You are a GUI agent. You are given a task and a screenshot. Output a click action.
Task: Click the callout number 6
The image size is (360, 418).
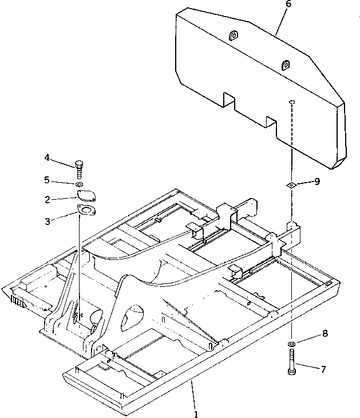[288, 5]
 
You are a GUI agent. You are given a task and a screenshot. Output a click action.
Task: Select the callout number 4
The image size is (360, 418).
[47, 157]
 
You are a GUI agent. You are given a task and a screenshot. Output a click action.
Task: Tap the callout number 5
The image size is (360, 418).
[47, 180]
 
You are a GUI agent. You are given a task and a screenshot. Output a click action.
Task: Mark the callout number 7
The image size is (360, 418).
[323, 370]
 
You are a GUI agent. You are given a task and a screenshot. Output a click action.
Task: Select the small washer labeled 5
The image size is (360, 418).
[80, 184]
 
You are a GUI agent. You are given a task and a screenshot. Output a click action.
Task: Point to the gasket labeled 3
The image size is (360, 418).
[86, 211]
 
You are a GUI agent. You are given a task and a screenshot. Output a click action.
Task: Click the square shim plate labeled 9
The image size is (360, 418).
[292, 184]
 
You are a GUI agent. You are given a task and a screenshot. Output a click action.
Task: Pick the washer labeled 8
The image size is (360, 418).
[292, 344]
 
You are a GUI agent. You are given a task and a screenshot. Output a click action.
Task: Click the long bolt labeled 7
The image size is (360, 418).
[292, 364]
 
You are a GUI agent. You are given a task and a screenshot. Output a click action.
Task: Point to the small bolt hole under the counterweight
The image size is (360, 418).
[292, 102]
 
